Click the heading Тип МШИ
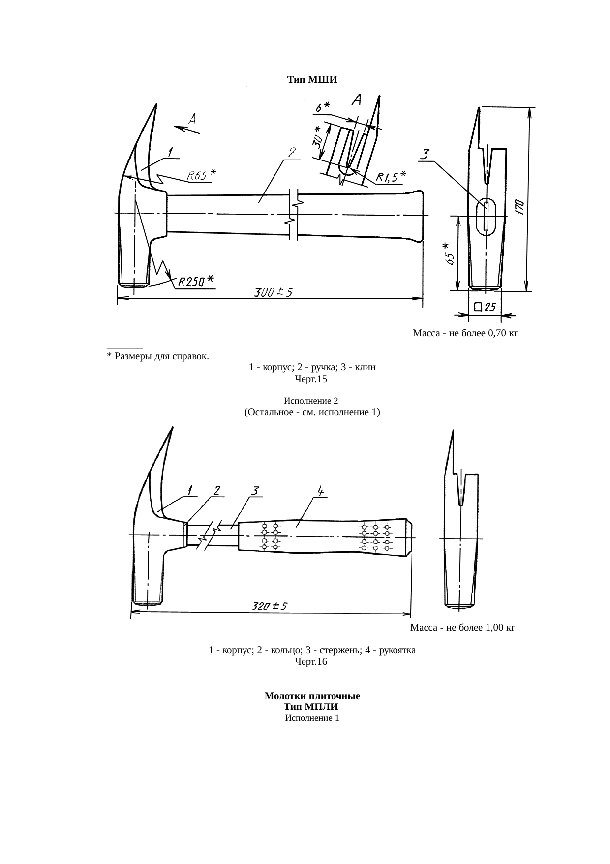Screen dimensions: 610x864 312,80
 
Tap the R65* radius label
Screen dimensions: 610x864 201,175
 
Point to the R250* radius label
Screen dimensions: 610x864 196,281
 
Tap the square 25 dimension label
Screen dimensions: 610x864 484,308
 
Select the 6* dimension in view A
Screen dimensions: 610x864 323,106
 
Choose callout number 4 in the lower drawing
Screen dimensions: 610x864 320,491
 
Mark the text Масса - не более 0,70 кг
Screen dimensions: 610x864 465,333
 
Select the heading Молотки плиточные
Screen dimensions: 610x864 312,696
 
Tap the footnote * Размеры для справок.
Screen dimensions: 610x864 157,355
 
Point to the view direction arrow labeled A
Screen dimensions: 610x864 187,130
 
